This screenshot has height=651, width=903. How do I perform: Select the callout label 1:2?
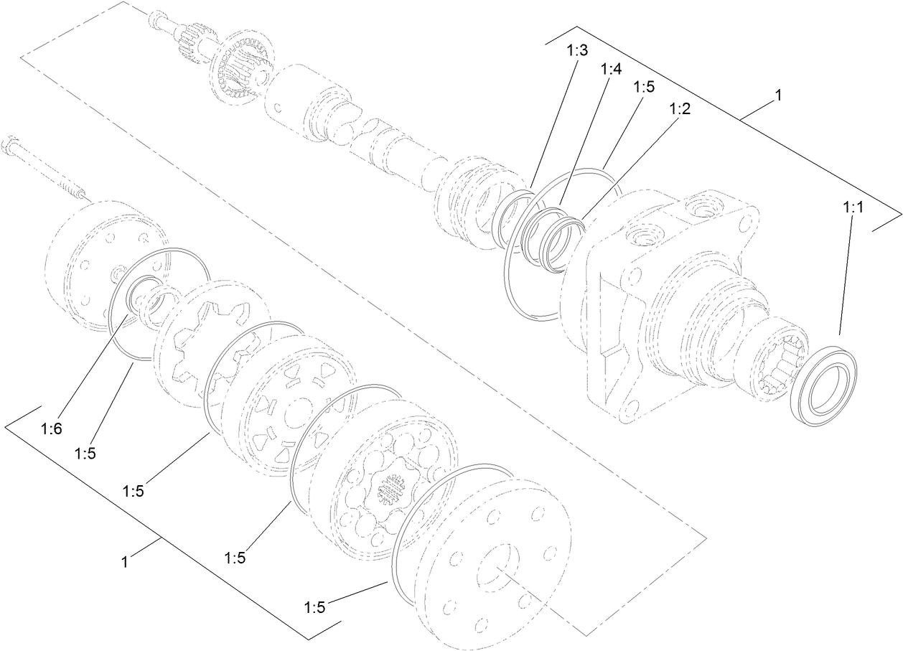click(680, 109)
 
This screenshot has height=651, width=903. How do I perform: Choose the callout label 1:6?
click(52, 428)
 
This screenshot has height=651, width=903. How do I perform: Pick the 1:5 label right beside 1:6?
click(85, 453)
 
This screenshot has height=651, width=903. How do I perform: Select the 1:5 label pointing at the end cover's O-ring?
click(314, 607)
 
